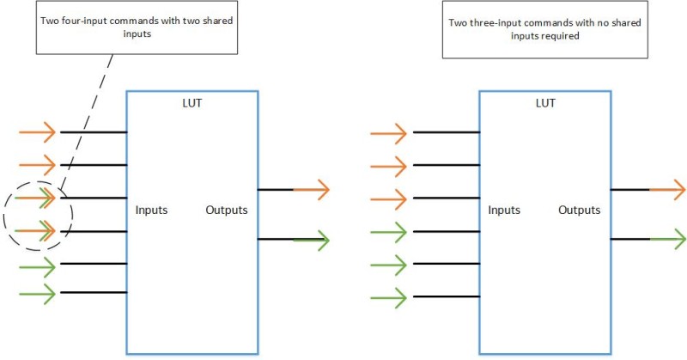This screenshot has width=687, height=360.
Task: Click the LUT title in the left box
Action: click(x=192, y=102)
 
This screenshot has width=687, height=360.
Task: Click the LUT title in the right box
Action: click(x=544, y=102)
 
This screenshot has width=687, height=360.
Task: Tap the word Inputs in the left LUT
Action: click(x=151, y=210)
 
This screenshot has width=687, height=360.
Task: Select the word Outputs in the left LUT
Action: click(x=227, y=210)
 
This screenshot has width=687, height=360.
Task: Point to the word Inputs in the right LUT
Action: click(x=504, y=210)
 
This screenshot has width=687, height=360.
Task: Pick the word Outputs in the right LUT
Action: click(x=580, y=210)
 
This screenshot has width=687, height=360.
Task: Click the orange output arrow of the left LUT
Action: click(x=311, y=189)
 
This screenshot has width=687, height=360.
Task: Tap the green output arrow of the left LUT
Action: click(x=311, y=239)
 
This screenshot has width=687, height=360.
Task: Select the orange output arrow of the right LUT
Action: click(x=667, y=189)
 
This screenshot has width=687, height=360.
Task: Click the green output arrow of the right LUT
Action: click(x=667, y=238)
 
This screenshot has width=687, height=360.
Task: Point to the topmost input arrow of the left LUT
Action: click(x=37, y=132)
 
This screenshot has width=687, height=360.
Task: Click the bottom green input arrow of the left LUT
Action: click(x=37, y=294)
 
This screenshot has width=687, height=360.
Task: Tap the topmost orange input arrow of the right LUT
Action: click(x=389, y=133)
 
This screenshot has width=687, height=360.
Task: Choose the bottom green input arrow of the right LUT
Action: click(x=389, y=298)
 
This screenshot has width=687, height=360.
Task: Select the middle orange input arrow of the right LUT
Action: click(x=389, y=166)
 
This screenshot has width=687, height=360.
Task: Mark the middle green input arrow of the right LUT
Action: click(x=389, y=265)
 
